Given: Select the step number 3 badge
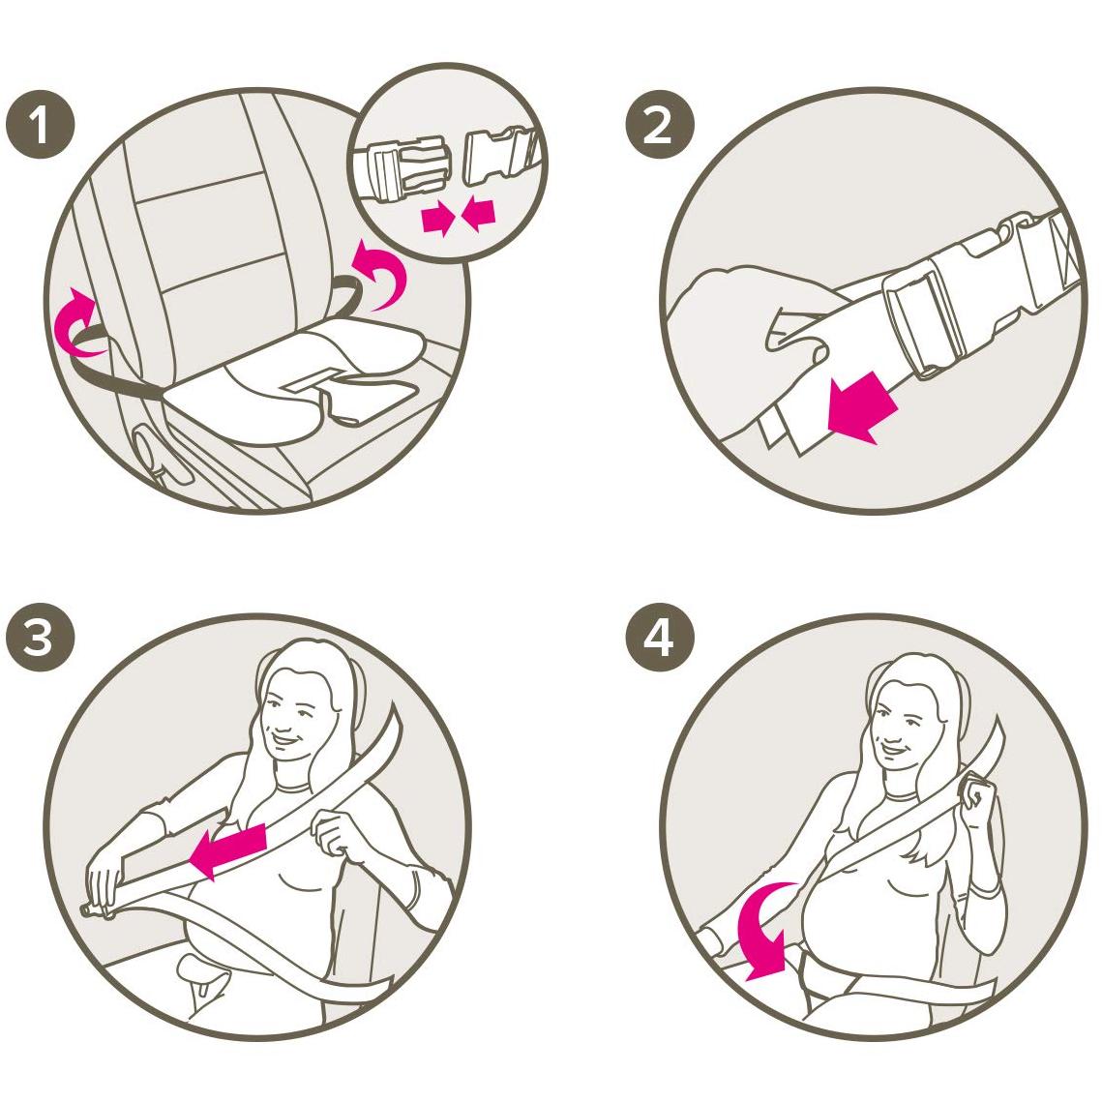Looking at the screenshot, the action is pos(40,637).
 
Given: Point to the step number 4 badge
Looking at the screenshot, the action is pos(659,637).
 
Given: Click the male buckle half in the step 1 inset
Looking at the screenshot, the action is pos(404,168).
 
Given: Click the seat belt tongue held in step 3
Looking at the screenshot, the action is pos(99,911).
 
